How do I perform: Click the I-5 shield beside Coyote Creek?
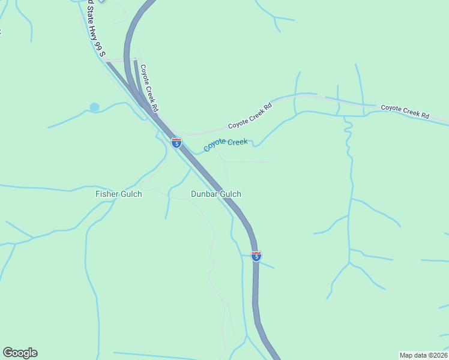176,142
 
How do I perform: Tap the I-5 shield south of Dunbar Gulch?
256,256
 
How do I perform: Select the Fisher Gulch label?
119,194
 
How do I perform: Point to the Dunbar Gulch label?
216,194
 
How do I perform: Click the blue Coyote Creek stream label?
225,145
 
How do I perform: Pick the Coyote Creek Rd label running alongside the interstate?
148,88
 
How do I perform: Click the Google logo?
20,353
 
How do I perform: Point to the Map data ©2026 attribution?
423,355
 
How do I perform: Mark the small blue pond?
94,107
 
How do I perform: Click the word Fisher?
107,194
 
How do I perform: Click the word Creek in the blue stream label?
237,142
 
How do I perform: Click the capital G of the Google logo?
8,353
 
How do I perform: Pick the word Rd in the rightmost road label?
425,115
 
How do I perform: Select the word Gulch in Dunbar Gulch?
231,194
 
